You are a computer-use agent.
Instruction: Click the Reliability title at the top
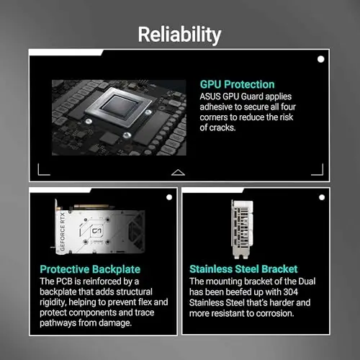(179, 35)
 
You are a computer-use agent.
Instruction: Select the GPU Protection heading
(237, 84)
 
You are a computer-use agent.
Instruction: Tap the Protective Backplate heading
(90, 269)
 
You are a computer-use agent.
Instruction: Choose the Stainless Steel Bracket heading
(243, 269)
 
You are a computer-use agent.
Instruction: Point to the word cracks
(222, 127)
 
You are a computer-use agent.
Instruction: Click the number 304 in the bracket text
(291, 292)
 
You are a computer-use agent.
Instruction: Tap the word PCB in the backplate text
(64, 282)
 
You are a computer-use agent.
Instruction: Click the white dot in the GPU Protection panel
(320, 59)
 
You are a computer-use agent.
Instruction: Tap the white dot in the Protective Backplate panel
(169, 197)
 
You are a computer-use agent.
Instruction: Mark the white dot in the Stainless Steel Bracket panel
(322, 197)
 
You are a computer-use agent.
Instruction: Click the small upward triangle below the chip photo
(178, 173)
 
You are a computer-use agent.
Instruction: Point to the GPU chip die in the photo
(120, 107)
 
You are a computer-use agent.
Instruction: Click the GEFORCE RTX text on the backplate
(63, 232)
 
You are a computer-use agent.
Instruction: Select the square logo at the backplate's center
(97, 231)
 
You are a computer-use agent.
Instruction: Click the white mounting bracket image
(242, 229)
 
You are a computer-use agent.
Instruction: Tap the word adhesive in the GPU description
(214, 107)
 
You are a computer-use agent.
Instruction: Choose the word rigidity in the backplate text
(53, 302)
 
